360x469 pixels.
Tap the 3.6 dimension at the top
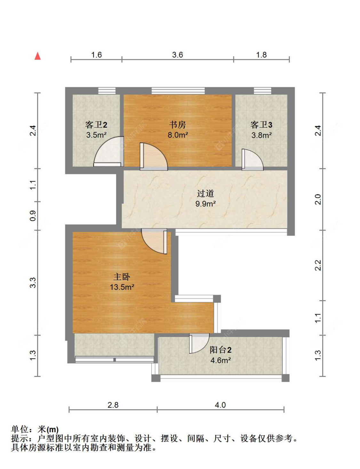[x=177, y=55]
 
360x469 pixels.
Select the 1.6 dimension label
[x=96, y=55]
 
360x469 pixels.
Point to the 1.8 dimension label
[x=261, y=55]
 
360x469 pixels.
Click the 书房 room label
[x=177, y=125]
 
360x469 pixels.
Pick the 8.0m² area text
[x=178, y=135]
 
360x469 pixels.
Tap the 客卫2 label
[x=96, y=125]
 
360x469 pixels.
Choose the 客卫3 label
[x=261, y=125]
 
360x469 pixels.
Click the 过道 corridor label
[x=205, y=193]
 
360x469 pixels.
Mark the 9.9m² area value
[x=205, y=204]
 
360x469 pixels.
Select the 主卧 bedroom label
[x=122, y=277]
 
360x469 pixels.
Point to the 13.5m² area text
[x=122, y=287]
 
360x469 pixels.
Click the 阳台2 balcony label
[x=220, y=350]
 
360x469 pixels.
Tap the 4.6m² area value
[x=220, y=360]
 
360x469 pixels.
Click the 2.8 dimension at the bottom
[x=113, y=405]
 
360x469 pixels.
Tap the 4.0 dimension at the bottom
[x=220, y=405]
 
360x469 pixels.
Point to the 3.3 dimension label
[x=33, y=283]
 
